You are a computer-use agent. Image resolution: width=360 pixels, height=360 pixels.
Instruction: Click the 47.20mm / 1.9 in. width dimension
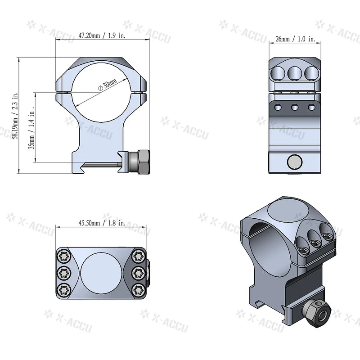pos(102,35)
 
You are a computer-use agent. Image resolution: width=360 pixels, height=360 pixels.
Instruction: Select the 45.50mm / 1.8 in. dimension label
pos(102,223)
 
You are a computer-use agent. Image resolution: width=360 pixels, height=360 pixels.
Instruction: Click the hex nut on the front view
pos(143,163)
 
